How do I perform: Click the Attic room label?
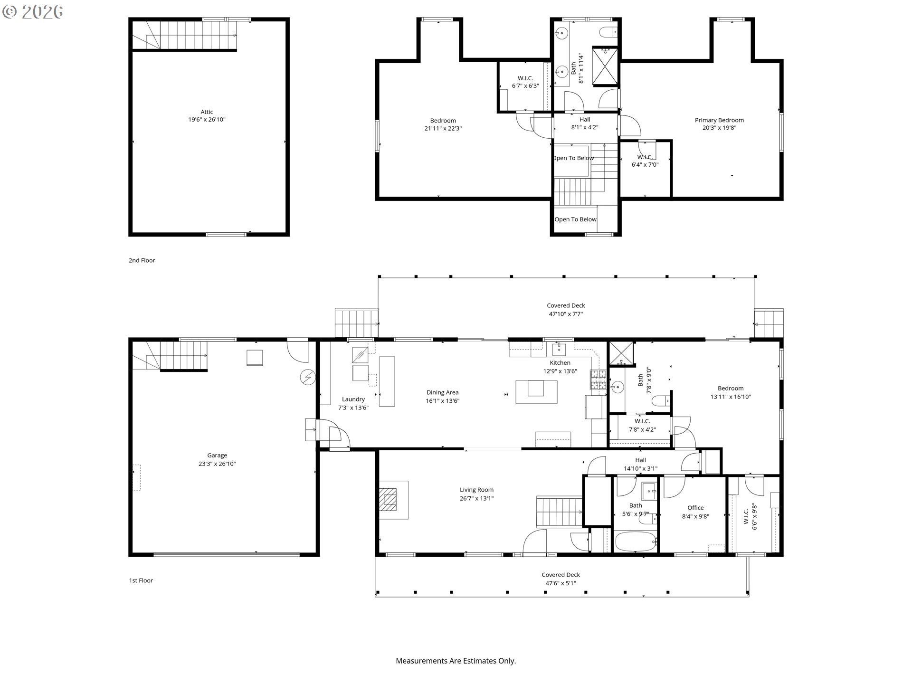(207, 112)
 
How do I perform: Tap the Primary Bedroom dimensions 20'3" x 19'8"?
(719, 128)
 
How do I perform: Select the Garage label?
(217, 455)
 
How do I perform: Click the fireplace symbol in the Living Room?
(388, 499)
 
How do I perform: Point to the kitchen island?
(536, 391)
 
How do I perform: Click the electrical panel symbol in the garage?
(307, 377)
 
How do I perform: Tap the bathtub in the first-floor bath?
(636, 541)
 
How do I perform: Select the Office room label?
(695, 508)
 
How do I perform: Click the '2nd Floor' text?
(142, 260)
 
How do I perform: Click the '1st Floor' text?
(141, 580)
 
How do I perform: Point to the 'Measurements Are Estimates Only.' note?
(456, 661)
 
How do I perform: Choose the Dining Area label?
(442, 392)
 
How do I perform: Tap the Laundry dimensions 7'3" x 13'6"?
(353, 408)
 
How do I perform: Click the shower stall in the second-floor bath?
(605, 66)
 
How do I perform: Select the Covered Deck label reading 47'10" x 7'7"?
(566, 310)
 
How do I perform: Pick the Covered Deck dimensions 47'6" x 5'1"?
(560, 583)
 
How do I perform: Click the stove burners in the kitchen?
(598, 380)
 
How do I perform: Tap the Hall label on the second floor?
(585, 120)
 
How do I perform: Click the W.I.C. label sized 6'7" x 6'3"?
(525, 82)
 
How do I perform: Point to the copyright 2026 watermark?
(33, 12)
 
